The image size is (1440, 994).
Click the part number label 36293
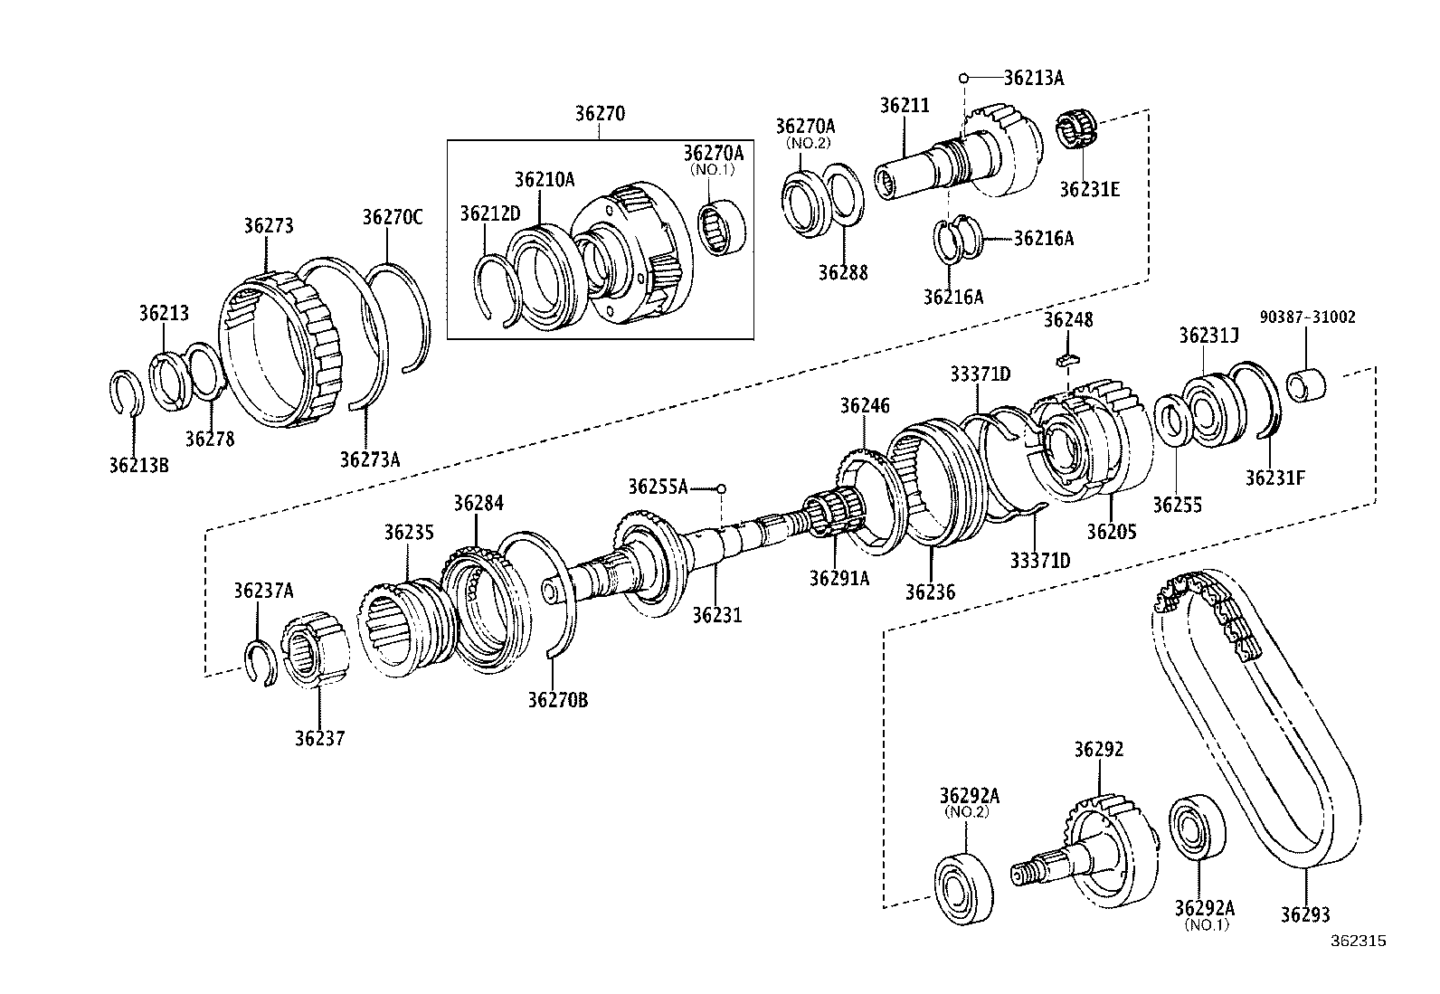click(x=1304, y=914)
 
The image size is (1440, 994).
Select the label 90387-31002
click(x=1307, y=317)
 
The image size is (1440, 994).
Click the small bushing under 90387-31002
click(x=1307, y=383)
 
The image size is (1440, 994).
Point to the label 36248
click(x=1067, y=319)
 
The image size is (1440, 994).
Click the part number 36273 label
click(x=268, y=225)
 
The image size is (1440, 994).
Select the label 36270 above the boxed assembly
click(x=600, y=114)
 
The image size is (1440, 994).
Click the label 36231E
click(x=1089, y=189)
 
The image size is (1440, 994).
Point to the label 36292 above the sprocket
click(x=1098, y=749)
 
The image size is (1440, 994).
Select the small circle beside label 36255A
click(x=721, y=488)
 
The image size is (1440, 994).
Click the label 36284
click(x=478, y=504)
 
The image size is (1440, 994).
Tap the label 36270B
click(x=558, y=699)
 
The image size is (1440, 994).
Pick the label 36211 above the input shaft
click(x=904, y=105)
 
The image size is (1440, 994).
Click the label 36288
click(x=842, y=271)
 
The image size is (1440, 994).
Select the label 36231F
click(x=1274, y=478)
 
